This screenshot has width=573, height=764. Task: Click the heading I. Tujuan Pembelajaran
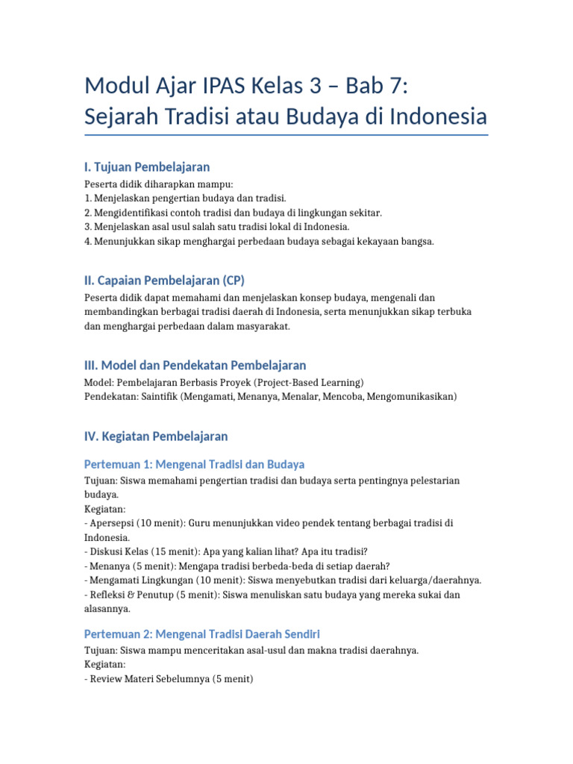point(147,167)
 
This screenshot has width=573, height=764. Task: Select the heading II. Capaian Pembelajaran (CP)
point(164,281)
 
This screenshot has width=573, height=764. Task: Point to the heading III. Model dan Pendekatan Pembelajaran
point(195,366)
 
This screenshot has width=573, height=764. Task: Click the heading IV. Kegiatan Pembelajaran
point(156,436)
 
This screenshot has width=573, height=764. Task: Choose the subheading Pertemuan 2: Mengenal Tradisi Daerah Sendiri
point(201,634)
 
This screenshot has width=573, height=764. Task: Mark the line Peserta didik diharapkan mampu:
point(148,184)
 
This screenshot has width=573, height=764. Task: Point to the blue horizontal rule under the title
point(286,135)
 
